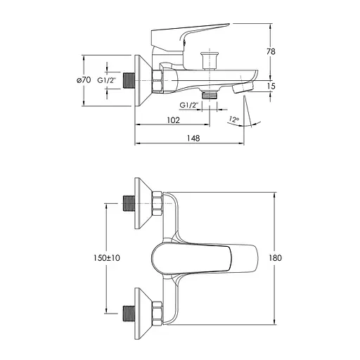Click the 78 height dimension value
tap(271, 51)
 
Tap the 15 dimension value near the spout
tap(271, 86)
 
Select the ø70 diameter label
tap(84, 80)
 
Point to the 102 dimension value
tap(174, 120)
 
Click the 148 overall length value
tap(193, 138)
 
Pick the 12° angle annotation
tap(233, 120)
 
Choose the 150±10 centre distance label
tap(107, 258)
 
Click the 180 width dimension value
tap(275, 258)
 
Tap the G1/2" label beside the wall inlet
tap(107, 80)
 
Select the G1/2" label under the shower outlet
tap(189, 105)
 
